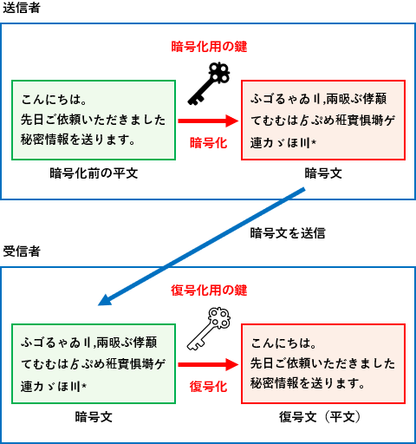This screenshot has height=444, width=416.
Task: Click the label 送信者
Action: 22,8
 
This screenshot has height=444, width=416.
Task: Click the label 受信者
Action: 22,251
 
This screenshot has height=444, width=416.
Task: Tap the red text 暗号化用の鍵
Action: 209,47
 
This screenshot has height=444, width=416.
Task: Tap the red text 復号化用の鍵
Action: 209,291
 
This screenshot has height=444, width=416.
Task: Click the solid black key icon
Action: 209,84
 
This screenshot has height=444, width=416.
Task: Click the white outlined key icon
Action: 209,329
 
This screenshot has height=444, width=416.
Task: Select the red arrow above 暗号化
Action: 208,121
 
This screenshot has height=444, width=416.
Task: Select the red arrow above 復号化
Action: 208,365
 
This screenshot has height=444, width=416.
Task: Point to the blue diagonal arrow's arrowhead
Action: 106,300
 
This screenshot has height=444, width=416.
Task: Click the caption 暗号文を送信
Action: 288,233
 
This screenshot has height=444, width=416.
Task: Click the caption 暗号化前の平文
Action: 94,173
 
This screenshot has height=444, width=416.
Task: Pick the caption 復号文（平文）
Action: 320,417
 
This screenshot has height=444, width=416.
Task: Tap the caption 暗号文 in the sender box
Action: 323,173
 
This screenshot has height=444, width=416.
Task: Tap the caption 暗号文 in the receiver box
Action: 94,417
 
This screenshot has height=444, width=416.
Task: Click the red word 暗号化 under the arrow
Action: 208,143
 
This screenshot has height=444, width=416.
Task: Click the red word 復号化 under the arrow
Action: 208,387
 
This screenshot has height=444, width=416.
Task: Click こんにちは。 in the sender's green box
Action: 54,100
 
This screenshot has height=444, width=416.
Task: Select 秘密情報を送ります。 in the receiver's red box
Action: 308,383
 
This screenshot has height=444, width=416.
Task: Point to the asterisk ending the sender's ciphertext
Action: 314,141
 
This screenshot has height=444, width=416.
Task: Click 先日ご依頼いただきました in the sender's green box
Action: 93,120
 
